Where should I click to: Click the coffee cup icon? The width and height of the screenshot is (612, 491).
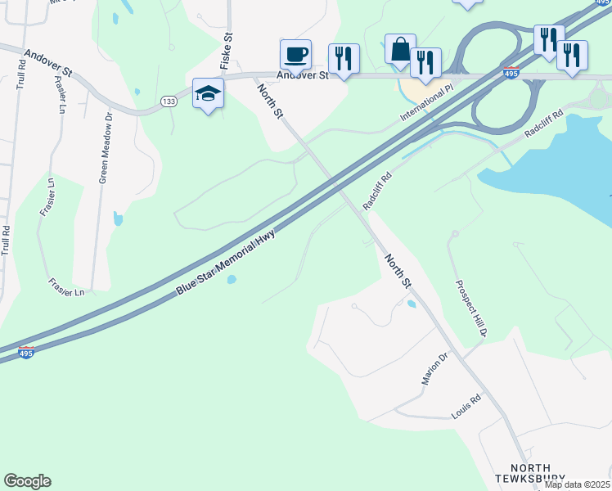[295, 55]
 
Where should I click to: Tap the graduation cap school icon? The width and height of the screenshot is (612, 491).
[208, 94]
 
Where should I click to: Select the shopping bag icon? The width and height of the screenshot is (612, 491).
[400, 50]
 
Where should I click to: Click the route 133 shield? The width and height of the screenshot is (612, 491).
[169, 101]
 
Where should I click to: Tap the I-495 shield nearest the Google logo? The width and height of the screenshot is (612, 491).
[26, 353]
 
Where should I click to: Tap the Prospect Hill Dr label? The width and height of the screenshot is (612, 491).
[471, 309]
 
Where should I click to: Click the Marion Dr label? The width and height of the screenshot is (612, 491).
[436, 368]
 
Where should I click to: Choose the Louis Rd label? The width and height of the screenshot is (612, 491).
[466, 408]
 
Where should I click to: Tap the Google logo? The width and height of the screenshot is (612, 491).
[27, 481]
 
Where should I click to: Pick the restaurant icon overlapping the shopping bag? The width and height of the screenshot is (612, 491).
[425, 63]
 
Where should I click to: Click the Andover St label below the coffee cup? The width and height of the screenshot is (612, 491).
[302, 75]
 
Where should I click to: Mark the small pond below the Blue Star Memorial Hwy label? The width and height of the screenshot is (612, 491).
[232, 280]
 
